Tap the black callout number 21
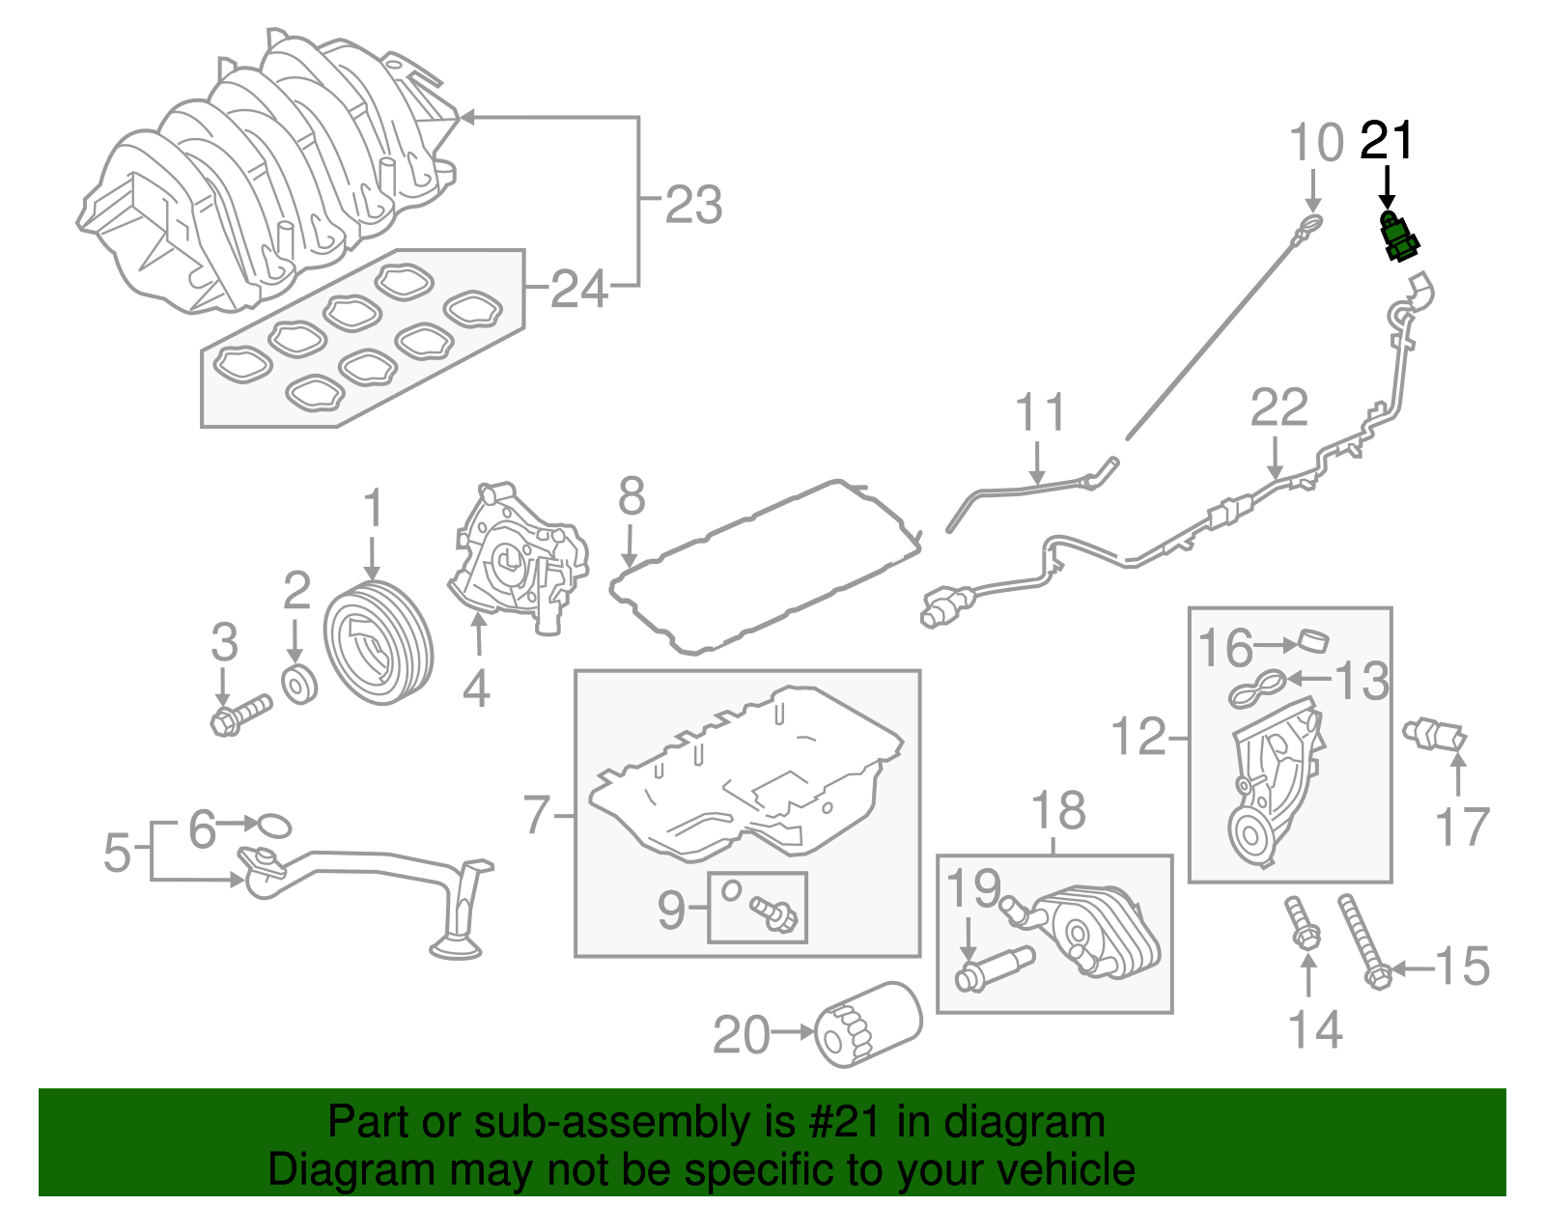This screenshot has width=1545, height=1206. pos(1387,142)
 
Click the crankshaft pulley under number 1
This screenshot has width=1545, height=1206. pos(378,643)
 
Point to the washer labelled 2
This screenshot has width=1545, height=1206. pos(300,684)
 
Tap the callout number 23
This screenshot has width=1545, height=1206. pos(693,205)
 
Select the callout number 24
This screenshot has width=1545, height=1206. pos(579,289)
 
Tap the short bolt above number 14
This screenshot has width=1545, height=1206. pos(1303,924)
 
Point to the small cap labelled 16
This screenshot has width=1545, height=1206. pos(1315,640)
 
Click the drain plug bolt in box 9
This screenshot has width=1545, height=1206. pos(774,912)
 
